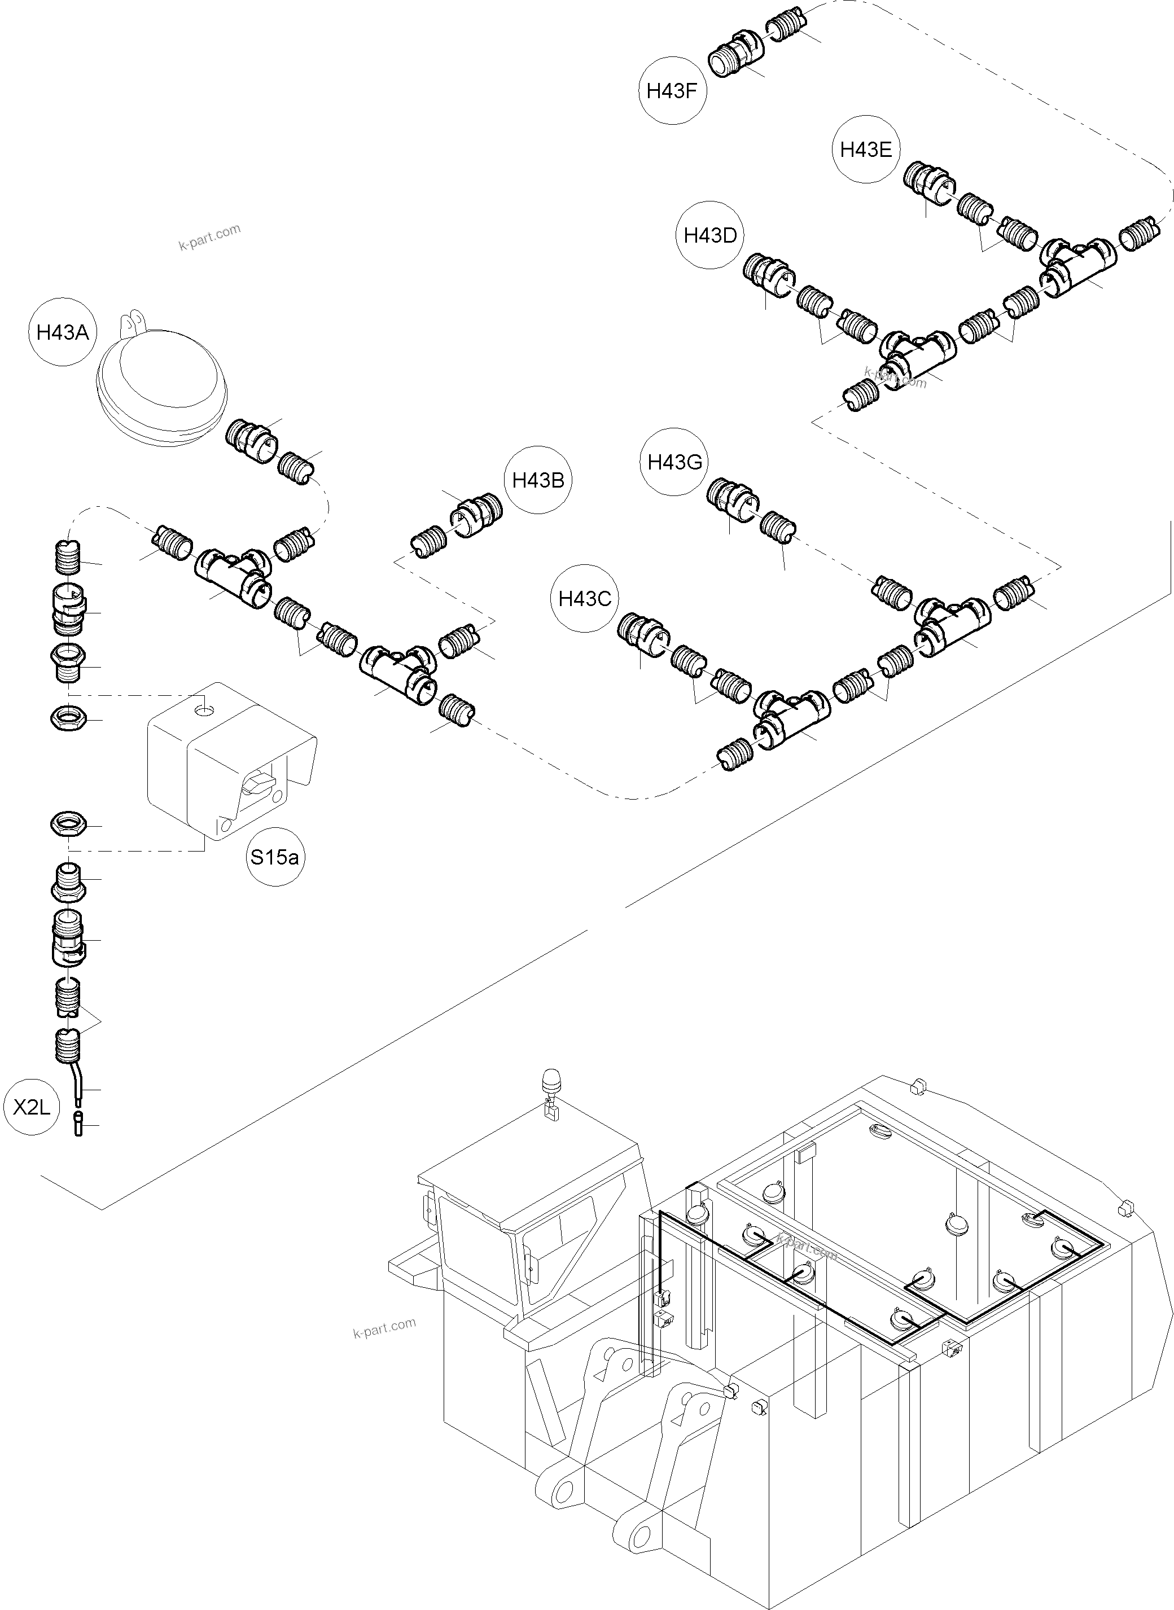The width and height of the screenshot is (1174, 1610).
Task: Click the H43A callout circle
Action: click(x=63, y=332)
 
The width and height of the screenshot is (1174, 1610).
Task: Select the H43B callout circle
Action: click(x=538, y=480)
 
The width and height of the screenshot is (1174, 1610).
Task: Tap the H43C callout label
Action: click(x=584, y=599)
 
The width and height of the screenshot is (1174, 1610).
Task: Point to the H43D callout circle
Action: click(x=710, y=235)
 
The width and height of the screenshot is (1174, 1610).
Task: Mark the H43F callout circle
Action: click(x=672, y=91)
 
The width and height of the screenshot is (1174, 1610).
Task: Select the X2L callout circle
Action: click(x=32, y=1107)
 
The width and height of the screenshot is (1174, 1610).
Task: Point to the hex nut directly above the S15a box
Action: click(x=69, y=718)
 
